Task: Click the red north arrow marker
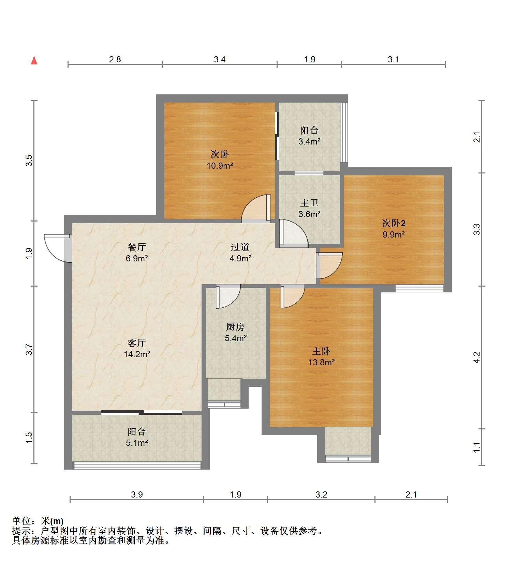click(x=34, y=61)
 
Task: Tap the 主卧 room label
click(x=321, y=351)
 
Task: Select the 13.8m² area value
click(x=321, y=362)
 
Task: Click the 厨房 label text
click(x=235, y=327)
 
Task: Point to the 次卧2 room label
click(x=393, y=223)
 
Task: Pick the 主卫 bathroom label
click(x=309, y=203)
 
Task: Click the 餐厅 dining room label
click(x=137, y=247)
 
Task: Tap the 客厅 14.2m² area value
click(x=137, y=354)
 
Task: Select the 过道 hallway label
click(x=240, y=247)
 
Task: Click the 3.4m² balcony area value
click(x=309, y=141)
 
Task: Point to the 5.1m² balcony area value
click(x=137, y=443)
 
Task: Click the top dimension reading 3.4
click(x=220, y=60)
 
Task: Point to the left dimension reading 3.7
click(x=29, y=350)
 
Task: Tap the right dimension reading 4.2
click(x=477, y=357)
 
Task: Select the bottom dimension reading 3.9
click(x=137, y=494)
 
